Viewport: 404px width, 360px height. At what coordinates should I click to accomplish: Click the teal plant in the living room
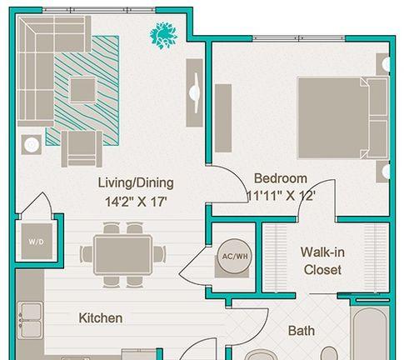coord(163,35)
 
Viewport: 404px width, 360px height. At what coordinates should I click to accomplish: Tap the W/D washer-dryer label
coord(36,242)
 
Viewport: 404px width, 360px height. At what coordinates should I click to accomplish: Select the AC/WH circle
coord(235,256)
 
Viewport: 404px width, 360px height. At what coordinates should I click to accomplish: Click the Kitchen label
coord(101,318)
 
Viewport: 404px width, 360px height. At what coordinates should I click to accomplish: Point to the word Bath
coord(302,331)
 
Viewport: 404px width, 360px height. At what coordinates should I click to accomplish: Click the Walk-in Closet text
coord(322,261)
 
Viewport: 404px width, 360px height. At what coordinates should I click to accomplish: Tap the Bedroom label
coord(281,178)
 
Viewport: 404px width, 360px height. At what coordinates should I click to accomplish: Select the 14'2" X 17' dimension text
coord(136,202)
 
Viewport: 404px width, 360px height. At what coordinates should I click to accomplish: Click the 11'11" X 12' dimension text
coord(281,196)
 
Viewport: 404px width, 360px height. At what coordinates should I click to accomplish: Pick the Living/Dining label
coord(136,183)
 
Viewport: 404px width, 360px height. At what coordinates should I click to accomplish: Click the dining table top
coord(122,254)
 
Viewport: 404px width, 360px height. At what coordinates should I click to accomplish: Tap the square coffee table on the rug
coord(82,90)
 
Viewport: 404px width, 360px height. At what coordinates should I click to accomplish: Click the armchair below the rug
coord(82,149)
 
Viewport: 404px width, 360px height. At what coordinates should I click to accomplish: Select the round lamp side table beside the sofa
coord(32,144)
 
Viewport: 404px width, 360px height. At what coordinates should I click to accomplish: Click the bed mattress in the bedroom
coord(333,118)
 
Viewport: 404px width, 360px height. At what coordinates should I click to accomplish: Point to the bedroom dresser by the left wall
coord(223,118)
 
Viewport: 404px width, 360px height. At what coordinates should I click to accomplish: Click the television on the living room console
coord(197,92)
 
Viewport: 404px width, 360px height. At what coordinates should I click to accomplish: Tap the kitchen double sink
coord(30,320)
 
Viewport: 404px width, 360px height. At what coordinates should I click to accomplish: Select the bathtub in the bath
coord(370,333)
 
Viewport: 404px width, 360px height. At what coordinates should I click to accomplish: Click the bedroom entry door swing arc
coord(239,177)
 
